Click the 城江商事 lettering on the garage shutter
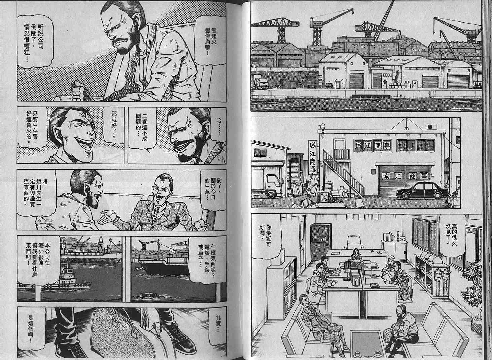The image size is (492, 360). [x=405, y=176]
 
